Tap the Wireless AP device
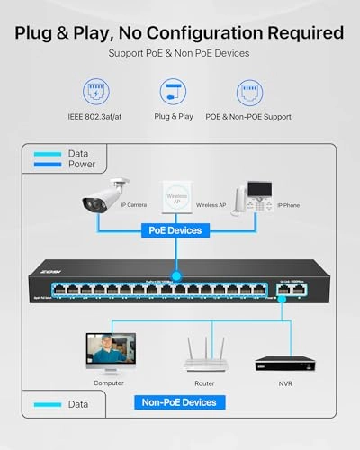pyautogui.click(x=177, y=198)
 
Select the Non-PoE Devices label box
pyautogui.click(x=178, y=402)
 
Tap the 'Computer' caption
pyautogui.click(x=108, y=382)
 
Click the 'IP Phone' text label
pyautogui.click(x=289, y=203)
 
